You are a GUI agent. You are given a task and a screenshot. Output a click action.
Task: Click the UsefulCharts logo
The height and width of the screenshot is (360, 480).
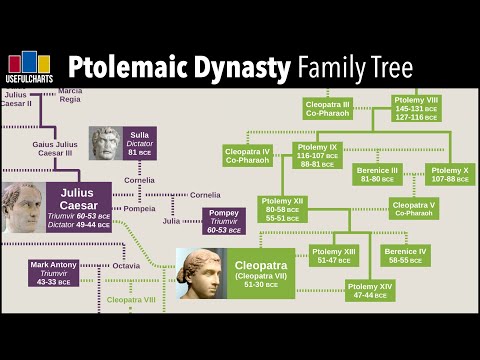pyautogui.click(x=29, y=66)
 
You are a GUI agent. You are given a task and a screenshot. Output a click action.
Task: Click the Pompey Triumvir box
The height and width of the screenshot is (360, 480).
pyautogui.click(x=223, y=220)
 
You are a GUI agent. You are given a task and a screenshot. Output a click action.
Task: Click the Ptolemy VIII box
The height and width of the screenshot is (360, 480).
pyautogui.click(x=420, y=109)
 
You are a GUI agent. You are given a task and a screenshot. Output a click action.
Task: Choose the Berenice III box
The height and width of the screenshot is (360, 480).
pyautogui.click(x=378, y=174)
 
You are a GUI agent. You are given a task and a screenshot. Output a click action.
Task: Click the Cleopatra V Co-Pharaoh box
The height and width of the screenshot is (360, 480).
pyautogui.click(x=412, y=208)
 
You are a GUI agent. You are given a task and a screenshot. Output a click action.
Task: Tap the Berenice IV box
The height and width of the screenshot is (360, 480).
pyautogui.click(x=404, y=255)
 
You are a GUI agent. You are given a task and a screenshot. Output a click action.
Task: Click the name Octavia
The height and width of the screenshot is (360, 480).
pyautogui.click(x=126, y=266)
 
